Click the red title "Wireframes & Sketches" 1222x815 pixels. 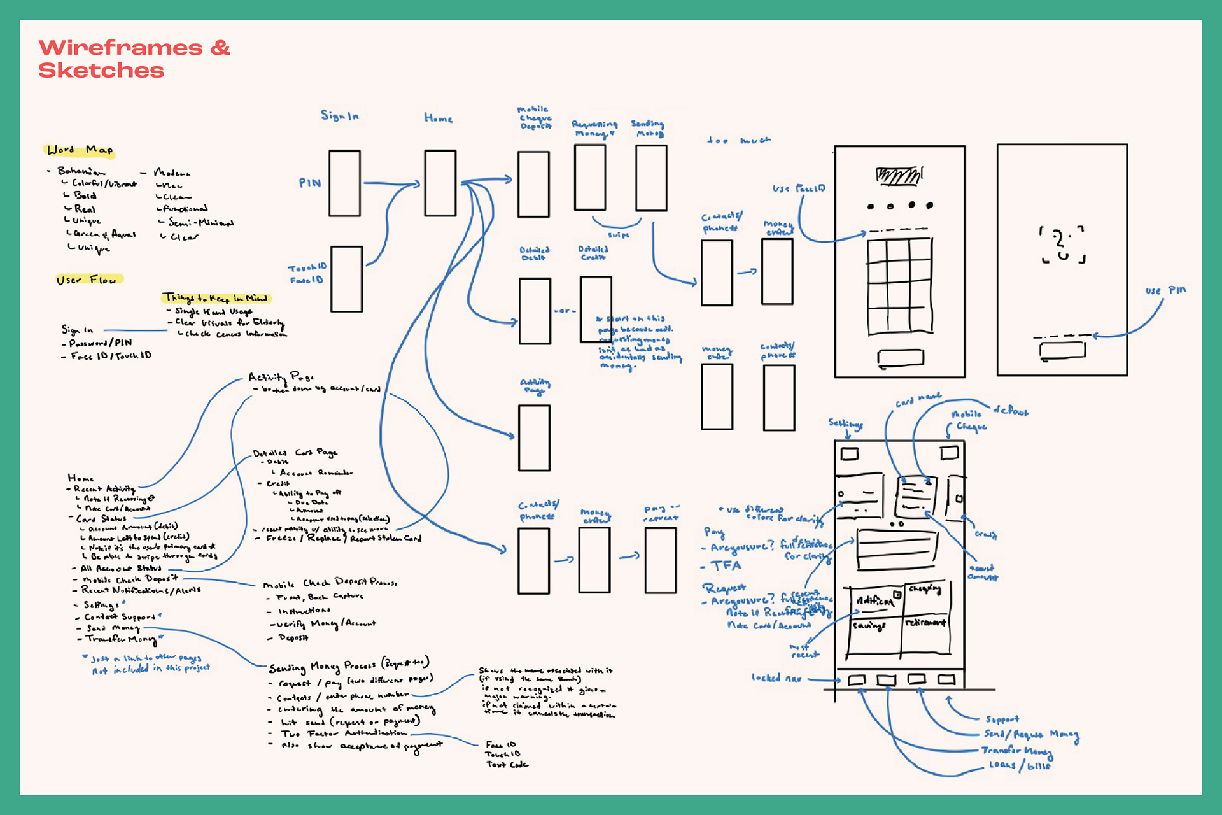click(134, 59)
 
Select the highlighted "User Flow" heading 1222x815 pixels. click(87, 280)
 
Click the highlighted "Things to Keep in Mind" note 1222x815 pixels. click(216, 298)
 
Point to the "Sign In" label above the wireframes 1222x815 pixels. click(339, 115)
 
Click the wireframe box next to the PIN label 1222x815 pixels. click(344, 183)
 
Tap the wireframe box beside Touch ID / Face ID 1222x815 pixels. click(346, 279)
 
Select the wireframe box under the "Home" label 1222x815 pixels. click(440, 183)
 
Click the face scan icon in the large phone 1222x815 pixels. click(1062, 244)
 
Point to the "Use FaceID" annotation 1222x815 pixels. click(799, 188)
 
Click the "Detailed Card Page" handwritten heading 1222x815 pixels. click(295, 453)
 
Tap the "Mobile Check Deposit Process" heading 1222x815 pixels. click(330, 583)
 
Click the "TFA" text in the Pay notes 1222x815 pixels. click(726, 565)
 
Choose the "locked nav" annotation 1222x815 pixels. click(776, 678)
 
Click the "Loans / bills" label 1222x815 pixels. click(1019, 765)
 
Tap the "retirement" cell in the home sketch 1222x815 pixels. click(925, 622)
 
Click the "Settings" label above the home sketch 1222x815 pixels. click(845, 423)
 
